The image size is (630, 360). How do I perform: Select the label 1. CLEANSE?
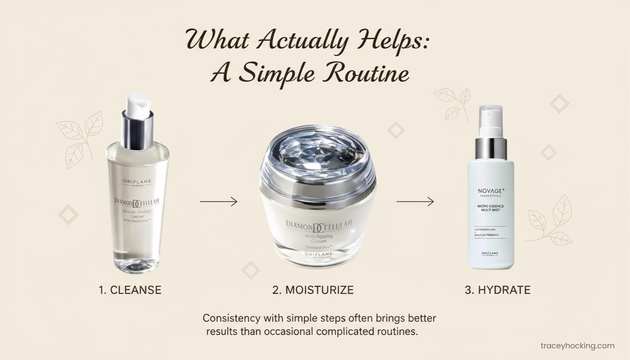tap(130, 290)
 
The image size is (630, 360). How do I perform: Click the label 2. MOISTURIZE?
tap(313, 290)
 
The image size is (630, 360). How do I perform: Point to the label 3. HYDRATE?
tap(497, 290)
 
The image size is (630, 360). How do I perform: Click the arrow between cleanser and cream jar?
tap(218, 202)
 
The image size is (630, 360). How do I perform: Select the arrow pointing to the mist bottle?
tap(415, 202)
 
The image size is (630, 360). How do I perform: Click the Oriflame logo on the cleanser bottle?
tap(137, 181)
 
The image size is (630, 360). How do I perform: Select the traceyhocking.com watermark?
tap(577, 346)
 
